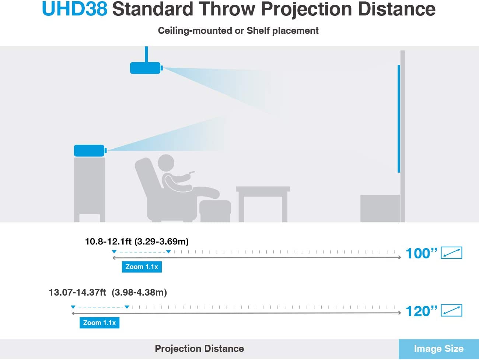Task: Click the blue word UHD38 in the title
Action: coord(75,9)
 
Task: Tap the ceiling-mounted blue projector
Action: coord(146,68)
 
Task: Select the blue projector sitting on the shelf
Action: coord(90,151)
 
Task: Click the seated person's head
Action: coord(166,163)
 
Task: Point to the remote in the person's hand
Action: coord(192,173)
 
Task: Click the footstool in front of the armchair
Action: coord(215,211)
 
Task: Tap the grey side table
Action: coord(263,204)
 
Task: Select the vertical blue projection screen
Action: coord(399,119)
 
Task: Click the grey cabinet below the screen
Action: coord(380,209)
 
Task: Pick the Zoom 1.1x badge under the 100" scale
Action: coord(142,267)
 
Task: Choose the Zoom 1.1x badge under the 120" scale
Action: coord(99,323)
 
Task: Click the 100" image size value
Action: coord(422,254)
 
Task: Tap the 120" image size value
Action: coord(422,311)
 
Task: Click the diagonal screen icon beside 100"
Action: coord(451,253)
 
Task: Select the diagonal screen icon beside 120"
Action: coord(451,310)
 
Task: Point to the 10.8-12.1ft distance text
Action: coord(108,241)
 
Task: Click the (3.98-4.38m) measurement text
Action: coord(139,292)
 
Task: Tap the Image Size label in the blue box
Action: coord(439,349)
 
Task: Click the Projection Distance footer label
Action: coord(199,349)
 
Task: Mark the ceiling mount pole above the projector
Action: coord(146,54)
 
